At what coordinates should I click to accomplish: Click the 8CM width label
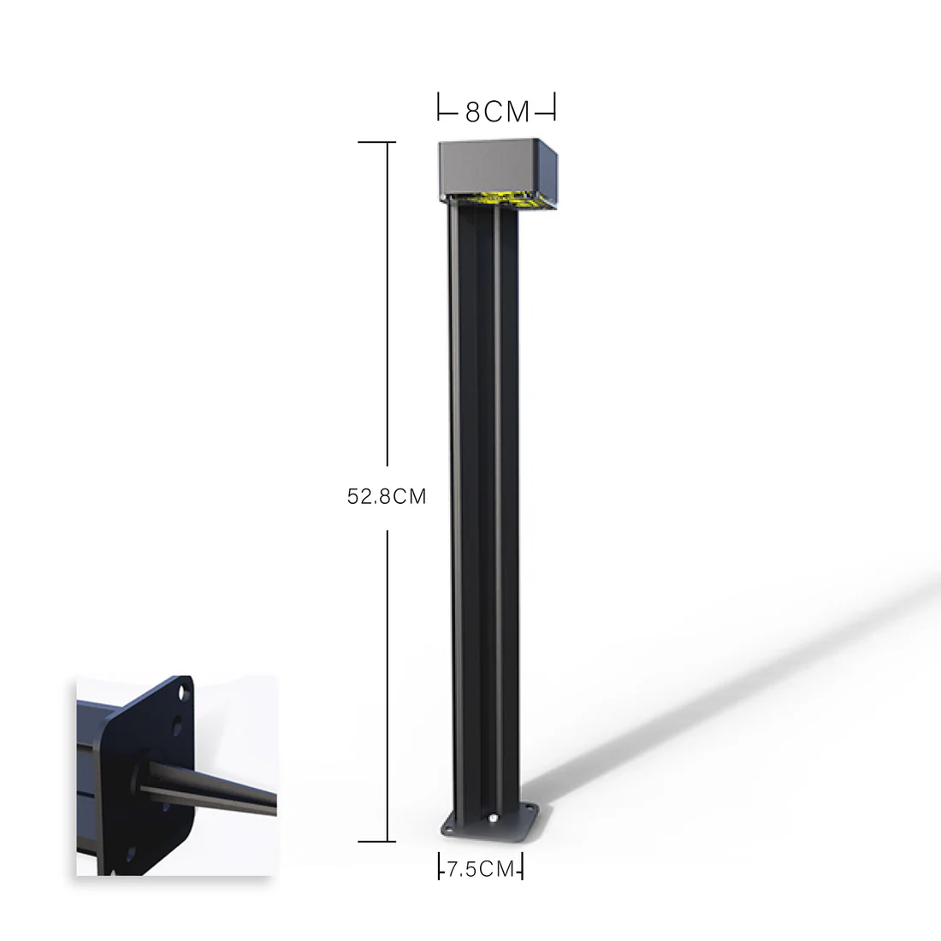(497, 111)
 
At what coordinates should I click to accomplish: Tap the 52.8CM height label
(386, 496)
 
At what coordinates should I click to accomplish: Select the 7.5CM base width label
(480, 869)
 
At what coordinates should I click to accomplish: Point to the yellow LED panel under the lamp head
(496, 199)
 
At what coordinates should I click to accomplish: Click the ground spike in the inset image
(214, 787)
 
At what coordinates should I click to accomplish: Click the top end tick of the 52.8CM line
(376, 142)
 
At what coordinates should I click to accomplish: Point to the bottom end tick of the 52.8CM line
(376, 842)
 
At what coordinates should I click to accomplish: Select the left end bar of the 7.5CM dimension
(439, 867)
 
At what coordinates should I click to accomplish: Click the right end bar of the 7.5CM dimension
(521, 867)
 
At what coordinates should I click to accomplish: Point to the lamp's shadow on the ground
(727, 684)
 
